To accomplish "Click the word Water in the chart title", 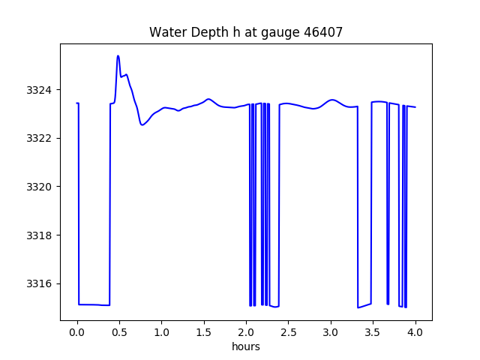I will coord(166,32).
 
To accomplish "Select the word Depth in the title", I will coord(203,32).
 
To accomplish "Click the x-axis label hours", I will coord(246,347).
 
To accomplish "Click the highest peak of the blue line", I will coord(118,56).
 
